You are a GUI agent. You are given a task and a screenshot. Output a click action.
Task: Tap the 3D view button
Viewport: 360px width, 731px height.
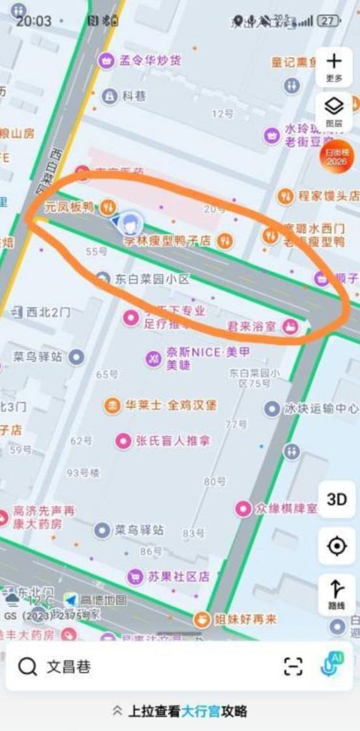pyautogui.click(x=336, y=499)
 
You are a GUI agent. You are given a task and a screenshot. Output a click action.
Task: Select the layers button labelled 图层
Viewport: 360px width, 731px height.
pyautogui.click(x=334, y=111)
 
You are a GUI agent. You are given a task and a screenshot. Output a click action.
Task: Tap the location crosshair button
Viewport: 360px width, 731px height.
pyautogui.click(x=336, y=546)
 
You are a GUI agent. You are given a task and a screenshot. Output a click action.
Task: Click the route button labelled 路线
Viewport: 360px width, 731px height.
pyautogui.click(x=336, y=593)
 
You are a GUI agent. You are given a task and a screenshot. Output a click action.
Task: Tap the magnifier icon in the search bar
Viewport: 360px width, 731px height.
pyautogui.click(x=28, y=667)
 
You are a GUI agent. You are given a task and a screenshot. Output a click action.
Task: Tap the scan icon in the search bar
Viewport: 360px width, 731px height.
pyautogui.click(x=293, y=667)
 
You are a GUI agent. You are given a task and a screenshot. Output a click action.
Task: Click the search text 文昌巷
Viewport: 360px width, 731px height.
pyautogui.click(x=69, y=667)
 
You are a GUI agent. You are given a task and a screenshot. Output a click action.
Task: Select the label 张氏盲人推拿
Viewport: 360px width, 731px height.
pyautogui.click(x=173, y=440)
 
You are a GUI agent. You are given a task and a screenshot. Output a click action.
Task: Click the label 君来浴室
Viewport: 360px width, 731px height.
pyautogui.click(x=251, y=327)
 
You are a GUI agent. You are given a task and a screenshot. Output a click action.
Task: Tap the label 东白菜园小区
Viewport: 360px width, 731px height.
pyautogui.click(x=153, y=278)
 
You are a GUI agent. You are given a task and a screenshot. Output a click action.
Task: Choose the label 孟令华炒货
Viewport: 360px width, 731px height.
pyautogui.click(x=150, y=60)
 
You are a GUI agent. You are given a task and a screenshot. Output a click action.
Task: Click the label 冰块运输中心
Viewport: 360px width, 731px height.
pyautogui.click(x=321, y=409)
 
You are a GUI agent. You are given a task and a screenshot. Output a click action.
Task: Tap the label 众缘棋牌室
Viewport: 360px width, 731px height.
pyautogui.click(x=286, y=508)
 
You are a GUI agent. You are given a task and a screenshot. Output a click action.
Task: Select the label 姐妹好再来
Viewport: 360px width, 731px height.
pyautogui.click(x=245, y=620)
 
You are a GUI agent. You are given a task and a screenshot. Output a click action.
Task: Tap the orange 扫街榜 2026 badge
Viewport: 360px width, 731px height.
pyautogui.click(x=334, y=157)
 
